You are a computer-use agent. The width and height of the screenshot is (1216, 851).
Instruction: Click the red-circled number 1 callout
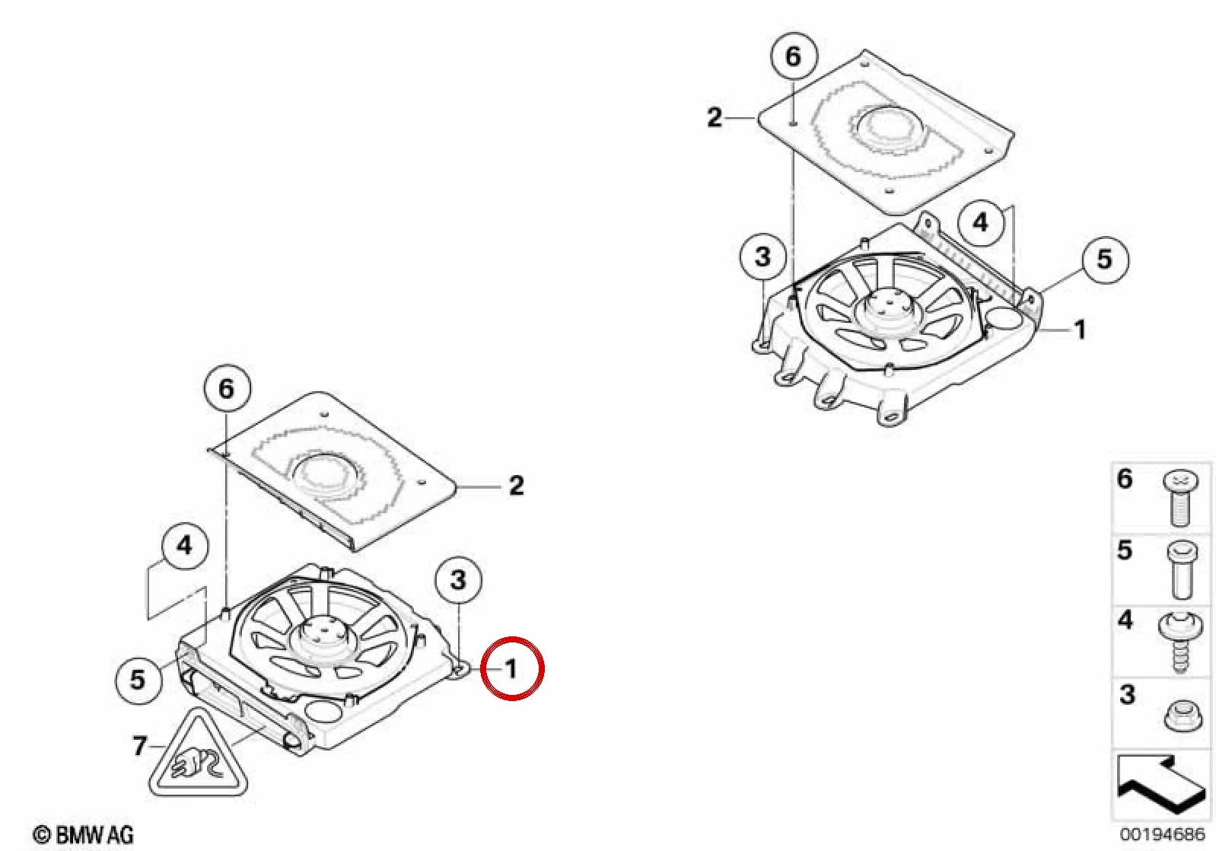click(513, 668)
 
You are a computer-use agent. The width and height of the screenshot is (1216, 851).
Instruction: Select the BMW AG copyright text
click(83, 835)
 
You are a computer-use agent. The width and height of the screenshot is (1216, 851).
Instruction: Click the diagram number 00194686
click(1163, 833)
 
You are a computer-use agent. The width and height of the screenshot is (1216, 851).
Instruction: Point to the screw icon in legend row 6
click(1180, 498)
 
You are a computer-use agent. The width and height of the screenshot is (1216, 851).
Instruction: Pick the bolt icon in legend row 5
click(1182, 570)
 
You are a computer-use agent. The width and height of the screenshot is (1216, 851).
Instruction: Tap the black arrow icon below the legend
click(1162, 785)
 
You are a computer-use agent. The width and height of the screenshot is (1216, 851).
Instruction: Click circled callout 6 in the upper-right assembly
click(794, 57)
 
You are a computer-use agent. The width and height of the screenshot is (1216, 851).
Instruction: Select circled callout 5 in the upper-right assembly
click(1105, 259)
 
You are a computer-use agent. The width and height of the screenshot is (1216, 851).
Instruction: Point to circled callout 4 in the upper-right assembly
click(980, 222)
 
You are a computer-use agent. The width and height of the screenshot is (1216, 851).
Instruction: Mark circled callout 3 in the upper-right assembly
click(763, 257)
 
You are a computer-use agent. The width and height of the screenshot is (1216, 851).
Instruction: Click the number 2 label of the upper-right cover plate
click(715, 117)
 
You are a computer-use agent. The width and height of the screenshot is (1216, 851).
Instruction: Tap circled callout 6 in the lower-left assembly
click(227, 388)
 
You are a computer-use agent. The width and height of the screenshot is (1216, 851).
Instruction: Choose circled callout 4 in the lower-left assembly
click(185, 546)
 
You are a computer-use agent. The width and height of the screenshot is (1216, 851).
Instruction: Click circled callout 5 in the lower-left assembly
click(138, 680)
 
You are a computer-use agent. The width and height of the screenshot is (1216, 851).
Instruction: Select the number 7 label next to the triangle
click(139, 746)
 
